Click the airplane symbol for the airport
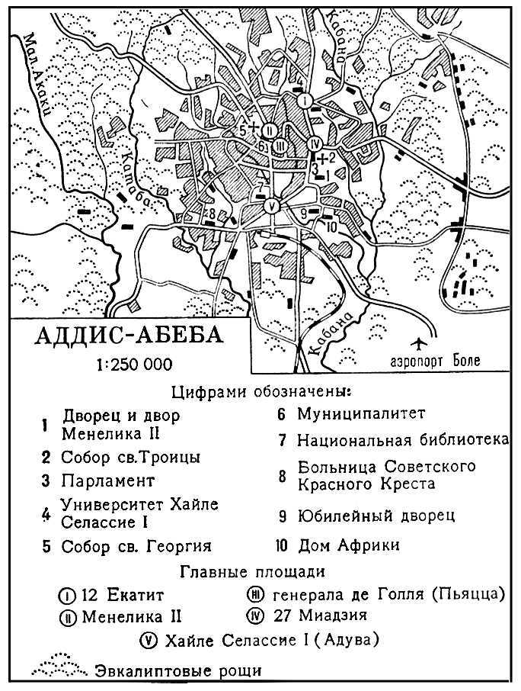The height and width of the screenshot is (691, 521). (420, 342)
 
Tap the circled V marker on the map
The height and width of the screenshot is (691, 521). (270, 205)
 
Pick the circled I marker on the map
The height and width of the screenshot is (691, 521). (305, 100)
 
